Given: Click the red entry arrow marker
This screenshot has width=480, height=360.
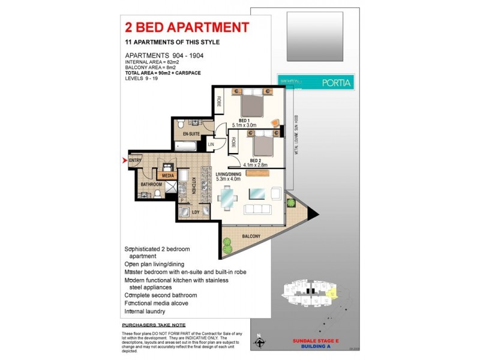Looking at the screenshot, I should coord(125,160).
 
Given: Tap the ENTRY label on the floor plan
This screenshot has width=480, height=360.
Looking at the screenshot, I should coord(134,160).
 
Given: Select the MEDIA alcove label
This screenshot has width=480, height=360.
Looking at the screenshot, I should coord(167,175).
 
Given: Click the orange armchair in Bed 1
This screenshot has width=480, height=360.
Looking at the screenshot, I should coord(275,124).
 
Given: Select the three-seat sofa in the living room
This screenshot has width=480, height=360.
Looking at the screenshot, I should coord(259,209).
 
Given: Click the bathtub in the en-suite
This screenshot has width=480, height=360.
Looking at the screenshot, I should coord(185,147).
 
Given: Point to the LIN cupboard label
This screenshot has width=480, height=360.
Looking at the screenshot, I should coord(211,145).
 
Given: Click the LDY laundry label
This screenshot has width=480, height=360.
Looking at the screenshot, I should coord(195,212).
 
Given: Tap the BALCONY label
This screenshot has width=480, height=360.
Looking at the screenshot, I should coord(251,237).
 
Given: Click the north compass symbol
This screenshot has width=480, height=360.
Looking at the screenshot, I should coord(259,343).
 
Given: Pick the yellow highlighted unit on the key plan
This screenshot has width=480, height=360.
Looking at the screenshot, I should coord(334,293).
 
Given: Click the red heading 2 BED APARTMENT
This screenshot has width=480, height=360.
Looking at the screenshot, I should coord(187,28).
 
